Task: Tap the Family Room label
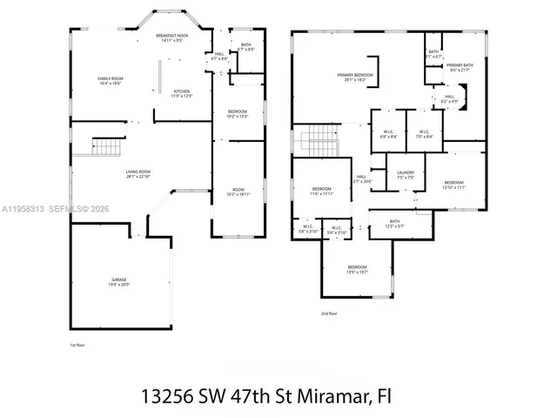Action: [110, 81]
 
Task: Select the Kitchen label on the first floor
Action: [182, 93]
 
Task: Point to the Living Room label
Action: [138, 174]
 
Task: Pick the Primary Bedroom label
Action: [355, 77]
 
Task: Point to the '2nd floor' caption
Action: [329, 313]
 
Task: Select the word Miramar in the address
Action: [329, 394]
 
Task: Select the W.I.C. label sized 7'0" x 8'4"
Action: [424, 134]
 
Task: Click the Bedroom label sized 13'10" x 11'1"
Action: [454, 185]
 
